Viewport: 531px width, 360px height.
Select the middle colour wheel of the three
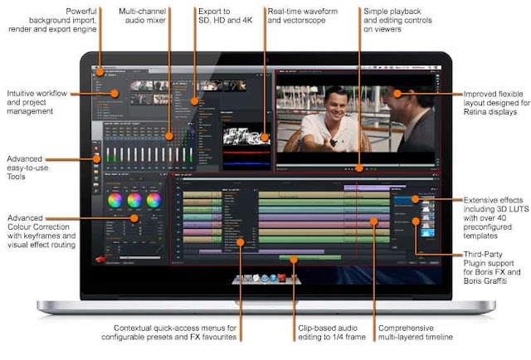(134, 199)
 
